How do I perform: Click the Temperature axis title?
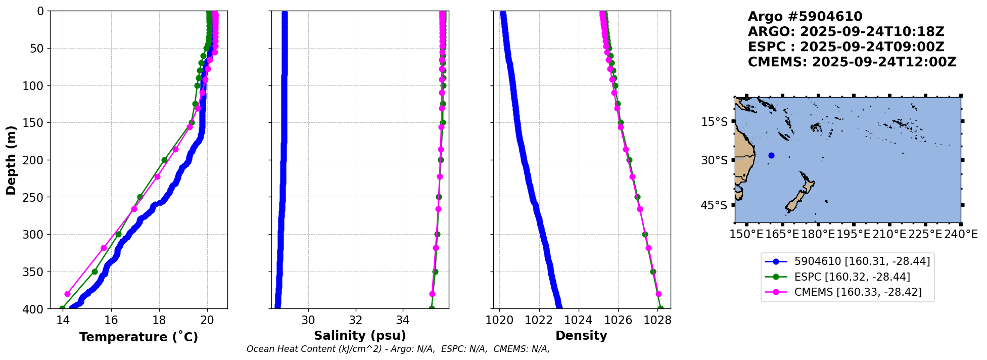[138, 337]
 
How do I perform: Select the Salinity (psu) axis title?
[360, 336]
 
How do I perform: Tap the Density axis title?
[581, 336]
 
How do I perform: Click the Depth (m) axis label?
[11, 160]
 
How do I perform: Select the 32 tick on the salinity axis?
[356, 320]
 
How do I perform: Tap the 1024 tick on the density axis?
[578, 320]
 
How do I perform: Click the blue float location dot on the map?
[771, 156]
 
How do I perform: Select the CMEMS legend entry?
[858, 292]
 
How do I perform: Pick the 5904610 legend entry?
[862, 261]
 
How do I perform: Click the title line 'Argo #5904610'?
[805, 17]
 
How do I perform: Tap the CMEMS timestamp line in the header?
[852, 62]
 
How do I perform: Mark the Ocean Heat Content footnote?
[398, 349]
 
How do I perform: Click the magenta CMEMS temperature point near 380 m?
[67, 294]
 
